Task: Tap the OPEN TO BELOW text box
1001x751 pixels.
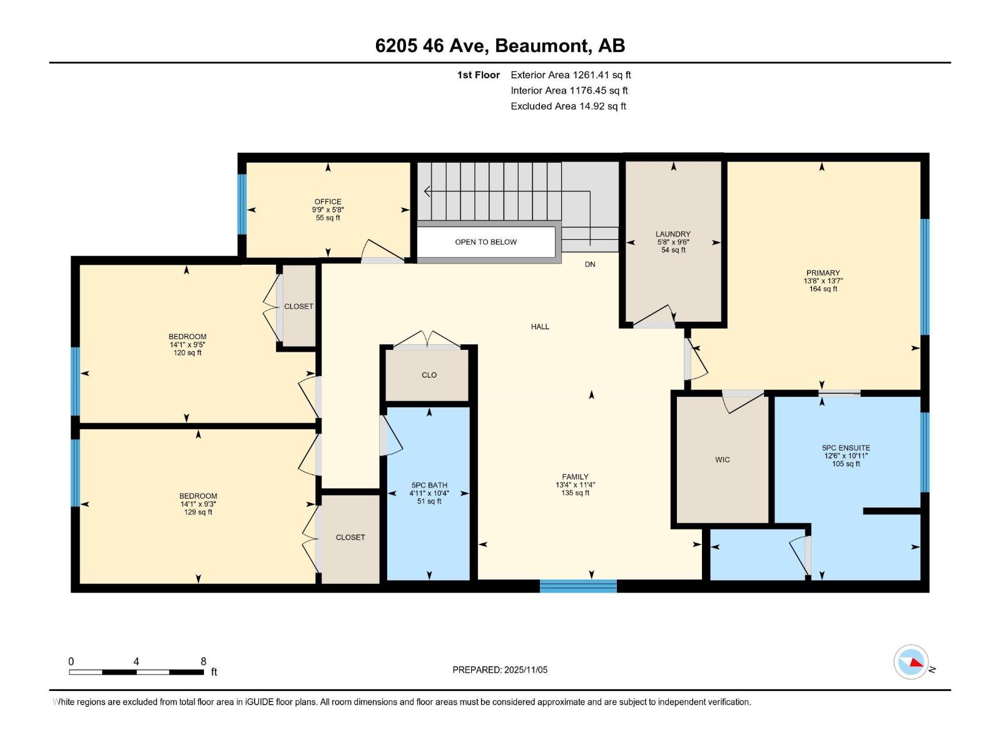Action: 485,242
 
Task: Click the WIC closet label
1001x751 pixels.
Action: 722,460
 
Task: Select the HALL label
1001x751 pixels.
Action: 540,327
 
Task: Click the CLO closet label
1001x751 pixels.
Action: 429,375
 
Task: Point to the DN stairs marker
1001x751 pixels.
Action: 590,265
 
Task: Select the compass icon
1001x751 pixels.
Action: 911,662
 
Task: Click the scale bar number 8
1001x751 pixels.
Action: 203,662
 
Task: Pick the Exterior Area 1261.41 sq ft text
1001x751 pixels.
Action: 571,75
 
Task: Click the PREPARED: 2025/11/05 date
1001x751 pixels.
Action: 500,670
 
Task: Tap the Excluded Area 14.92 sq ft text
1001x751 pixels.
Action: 568,106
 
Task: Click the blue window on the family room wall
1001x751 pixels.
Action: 578,586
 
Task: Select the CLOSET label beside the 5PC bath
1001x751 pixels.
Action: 350,538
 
